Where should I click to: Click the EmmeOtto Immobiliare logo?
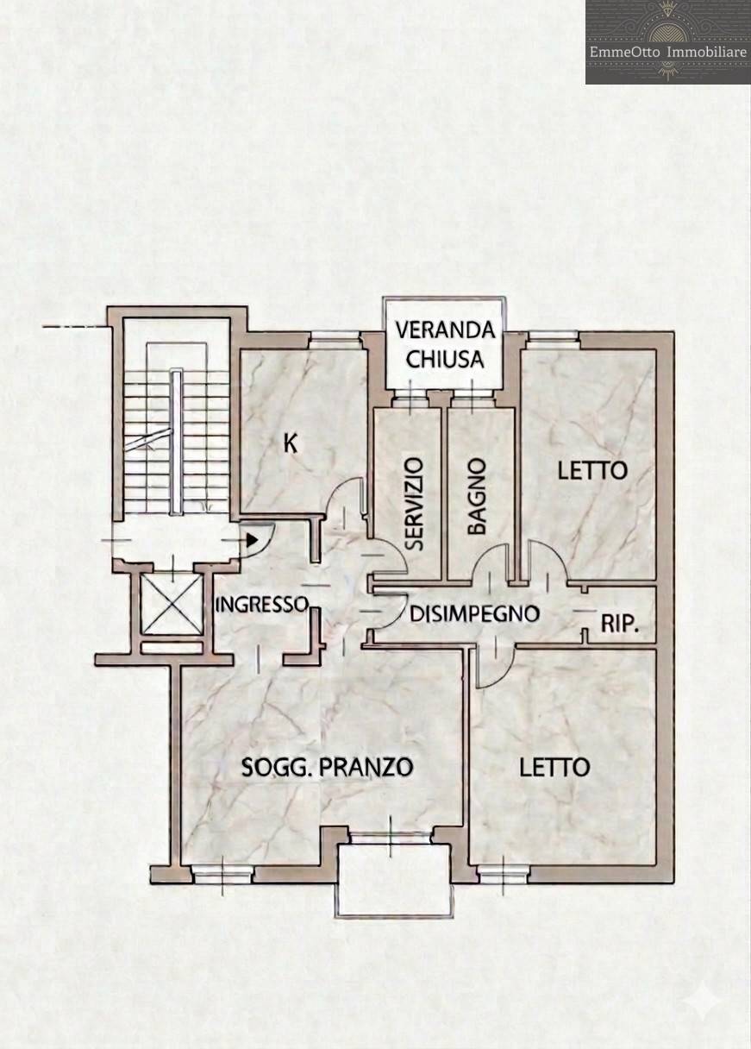(x=667, y=41)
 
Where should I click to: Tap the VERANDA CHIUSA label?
(x=445, y=344)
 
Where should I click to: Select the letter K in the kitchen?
(x=291, y=443)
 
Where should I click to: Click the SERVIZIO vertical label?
(x=414, y=504)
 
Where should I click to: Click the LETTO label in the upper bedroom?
(x=591, y=471)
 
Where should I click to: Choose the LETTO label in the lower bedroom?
(x=554, y=767)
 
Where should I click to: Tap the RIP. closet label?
(x=619, y=624)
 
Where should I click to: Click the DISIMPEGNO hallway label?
(x=474, y=614)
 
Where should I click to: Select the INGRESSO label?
(x=261, y=604)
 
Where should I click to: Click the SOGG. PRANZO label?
(x=328, y=767)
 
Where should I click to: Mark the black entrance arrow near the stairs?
(x=252, y=541)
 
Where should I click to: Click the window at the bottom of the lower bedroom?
(x=504, y=875)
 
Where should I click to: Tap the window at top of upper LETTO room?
(x=553, y=338)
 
